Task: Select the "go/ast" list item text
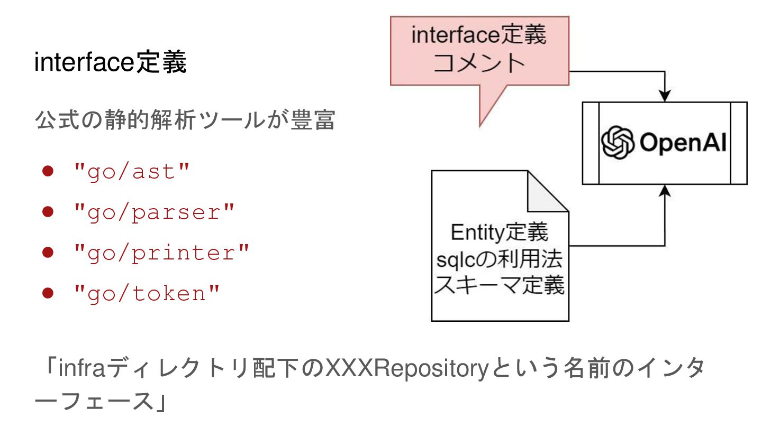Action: pyautogui.click(x=131, y=172)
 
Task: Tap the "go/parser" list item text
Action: pyautogui.click(x=154, y=212)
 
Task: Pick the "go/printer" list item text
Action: pyautogui.click(x=161, y=253)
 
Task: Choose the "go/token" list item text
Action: pyautogui.click(x=147, y=294)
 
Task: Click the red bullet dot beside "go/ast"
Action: pyautogui.click(x=49, y=172)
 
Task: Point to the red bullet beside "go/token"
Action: pyautogui.click(x=49, y=294)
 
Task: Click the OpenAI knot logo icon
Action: pyautogui.click(x=618, y=143)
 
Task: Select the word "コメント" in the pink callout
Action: pyautogui.click(x=479, y=63)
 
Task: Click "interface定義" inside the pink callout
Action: pyautogui.click(x=479, y=36)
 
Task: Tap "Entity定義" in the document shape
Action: pyautogui.click(x=500, y=232)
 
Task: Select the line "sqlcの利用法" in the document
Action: pyautogui.click(x=500, y=260)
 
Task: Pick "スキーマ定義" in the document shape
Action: pyautogui.click(x=500, y=287)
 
